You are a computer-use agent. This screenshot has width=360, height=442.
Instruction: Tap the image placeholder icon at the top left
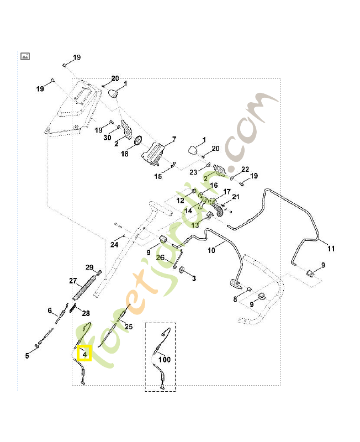(25, 56)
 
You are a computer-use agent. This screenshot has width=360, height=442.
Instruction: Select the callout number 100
(165, 360)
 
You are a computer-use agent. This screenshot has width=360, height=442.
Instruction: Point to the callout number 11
(331, 249)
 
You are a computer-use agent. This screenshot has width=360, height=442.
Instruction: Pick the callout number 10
(211, 250)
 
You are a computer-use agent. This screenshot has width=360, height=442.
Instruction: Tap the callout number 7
(174, 139)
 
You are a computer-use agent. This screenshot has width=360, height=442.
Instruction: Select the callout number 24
(114, 244)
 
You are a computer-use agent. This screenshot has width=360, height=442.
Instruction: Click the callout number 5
(27, 356)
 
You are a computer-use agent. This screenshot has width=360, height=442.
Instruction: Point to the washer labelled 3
(182, 270)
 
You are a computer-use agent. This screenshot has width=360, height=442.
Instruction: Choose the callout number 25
(129, 327)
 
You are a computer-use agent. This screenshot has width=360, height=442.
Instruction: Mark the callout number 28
(86, 313)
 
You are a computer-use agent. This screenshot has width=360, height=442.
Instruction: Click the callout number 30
(107, 137)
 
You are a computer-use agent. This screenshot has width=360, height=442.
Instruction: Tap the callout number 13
(195, 225)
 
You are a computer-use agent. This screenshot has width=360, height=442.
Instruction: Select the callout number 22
(245, 169)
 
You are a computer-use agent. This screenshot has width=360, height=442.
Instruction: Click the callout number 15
(158, 176)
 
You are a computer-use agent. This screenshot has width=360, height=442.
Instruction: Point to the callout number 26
(160, 257)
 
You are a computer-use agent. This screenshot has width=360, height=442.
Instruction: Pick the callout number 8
(235, 299)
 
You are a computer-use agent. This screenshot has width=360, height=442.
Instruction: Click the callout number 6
(50, 311)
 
